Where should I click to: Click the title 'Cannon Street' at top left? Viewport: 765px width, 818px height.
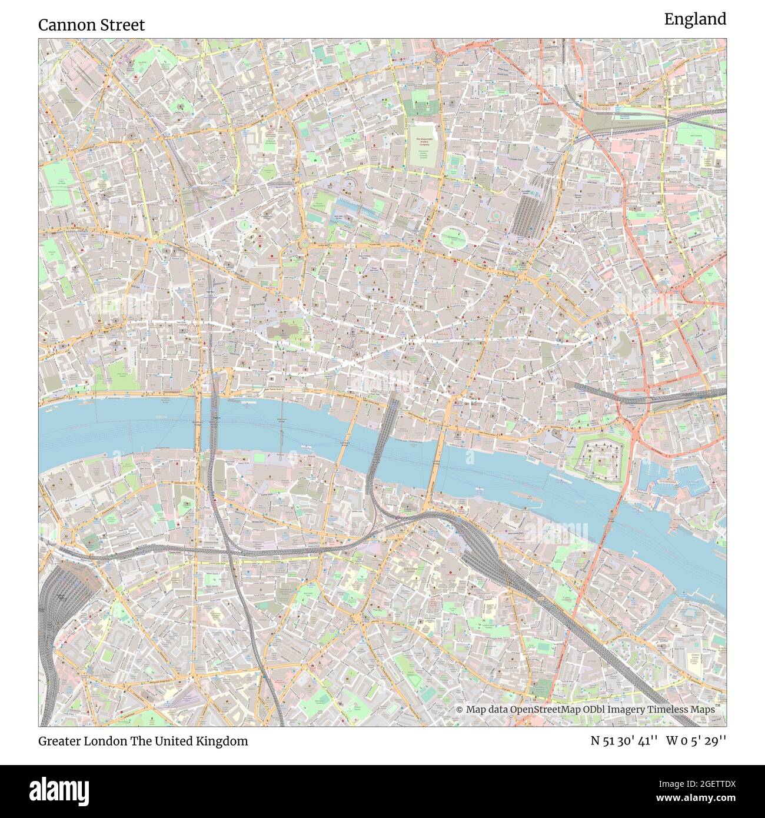point(91,25)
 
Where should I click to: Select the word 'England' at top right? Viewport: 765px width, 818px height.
point(695,19)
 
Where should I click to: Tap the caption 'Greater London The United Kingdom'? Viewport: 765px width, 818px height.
point(143,741)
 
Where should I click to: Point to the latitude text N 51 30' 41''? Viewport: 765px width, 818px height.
point(625,741)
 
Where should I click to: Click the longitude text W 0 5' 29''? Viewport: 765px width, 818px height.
point(696,741)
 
